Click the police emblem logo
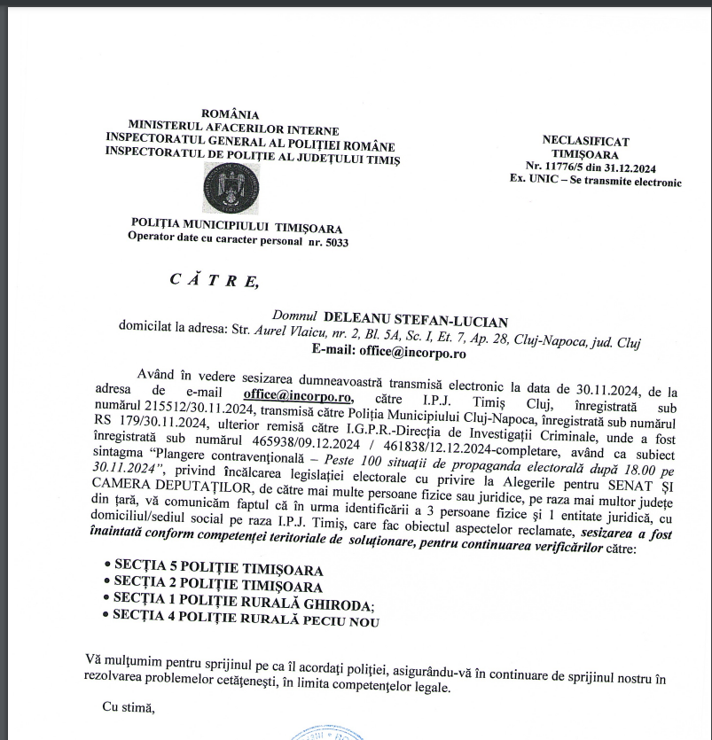click(232, 188)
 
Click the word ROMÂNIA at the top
click(231, 113)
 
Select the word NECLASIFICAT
click(585, 140)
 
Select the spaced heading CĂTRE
click(215, 281)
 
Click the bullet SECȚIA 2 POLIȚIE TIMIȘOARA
click(218, 586)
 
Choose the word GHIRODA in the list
click(338, 604)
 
